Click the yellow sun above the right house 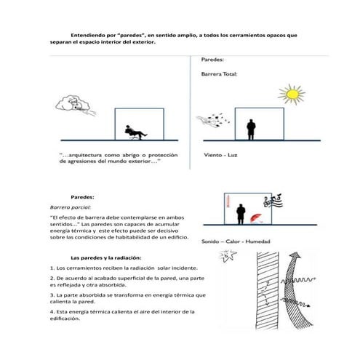292,94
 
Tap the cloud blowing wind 73,103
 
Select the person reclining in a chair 135,132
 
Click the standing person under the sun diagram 251,129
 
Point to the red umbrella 256,217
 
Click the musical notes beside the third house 273,201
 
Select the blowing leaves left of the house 213,120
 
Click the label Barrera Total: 219,74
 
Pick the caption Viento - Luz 220,155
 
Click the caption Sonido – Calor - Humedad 236,241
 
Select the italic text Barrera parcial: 71,207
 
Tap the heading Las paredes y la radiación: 105,257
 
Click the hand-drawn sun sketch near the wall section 228,256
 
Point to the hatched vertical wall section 268,290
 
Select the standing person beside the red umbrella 241,214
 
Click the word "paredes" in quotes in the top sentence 131,35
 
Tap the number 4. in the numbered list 52,312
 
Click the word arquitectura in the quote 85,155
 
